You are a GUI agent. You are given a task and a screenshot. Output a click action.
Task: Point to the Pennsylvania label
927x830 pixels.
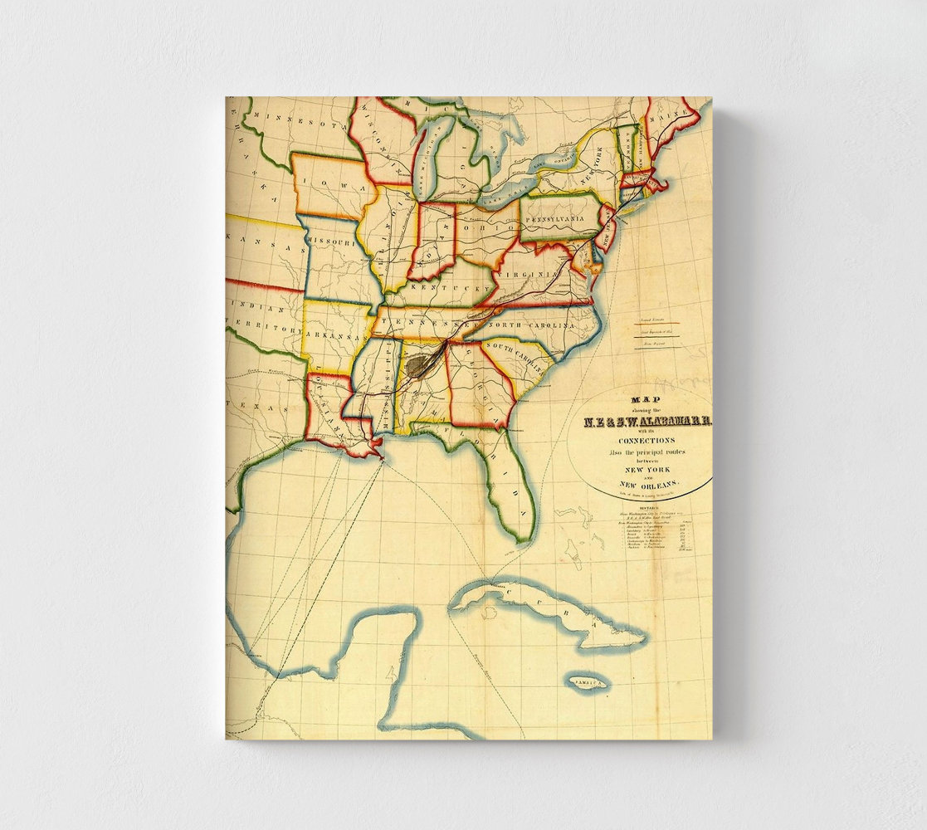coord(564,219)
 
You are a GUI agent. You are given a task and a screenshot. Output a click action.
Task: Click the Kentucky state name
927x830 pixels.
coord(449,288)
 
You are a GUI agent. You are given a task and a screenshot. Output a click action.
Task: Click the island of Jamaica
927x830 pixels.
coord(588,682)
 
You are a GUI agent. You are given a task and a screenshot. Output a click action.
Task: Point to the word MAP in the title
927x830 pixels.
coord(644,398)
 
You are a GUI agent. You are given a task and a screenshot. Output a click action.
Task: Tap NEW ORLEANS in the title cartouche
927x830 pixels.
coord(647,484)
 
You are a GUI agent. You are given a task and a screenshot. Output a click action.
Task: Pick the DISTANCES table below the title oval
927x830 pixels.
coord(656,535)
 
